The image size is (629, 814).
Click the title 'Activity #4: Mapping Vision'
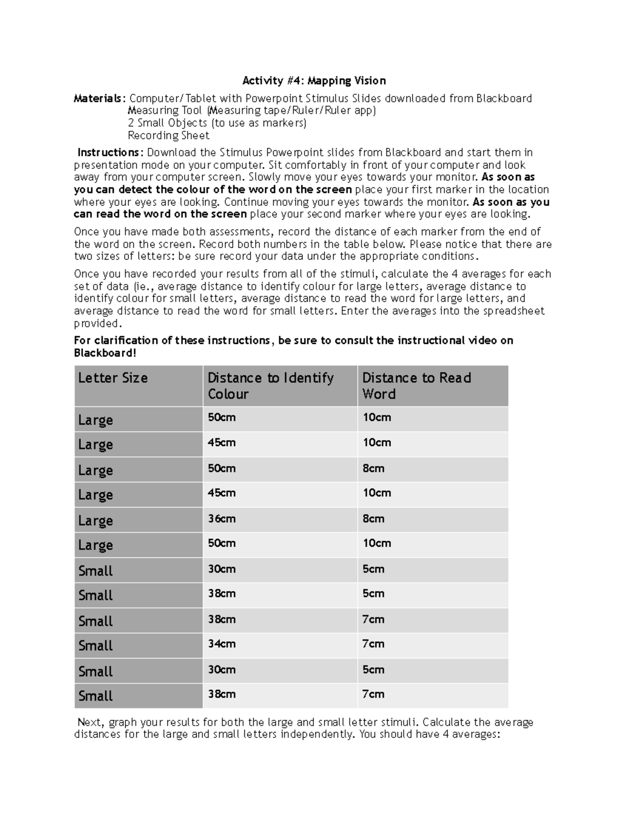[314, 81]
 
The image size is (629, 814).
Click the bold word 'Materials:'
[100, 99]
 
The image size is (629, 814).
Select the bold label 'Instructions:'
[110, 153]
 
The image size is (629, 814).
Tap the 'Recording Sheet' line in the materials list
[168, 136]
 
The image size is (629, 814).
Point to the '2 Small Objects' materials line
[217, 123]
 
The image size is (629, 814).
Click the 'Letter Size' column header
[113, 378]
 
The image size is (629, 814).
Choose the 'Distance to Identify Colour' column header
[270, 386]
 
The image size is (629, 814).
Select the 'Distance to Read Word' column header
[416, 386]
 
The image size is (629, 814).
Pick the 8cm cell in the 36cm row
[373, 519]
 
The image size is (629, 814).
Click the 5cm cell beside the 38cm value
[373, 594]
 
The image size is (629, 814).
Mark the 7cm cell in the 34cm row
[373, 644]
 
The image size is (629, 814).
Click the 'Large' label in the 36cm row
[95, 520]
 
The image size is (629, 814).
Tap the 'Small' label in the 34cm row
[95, 646]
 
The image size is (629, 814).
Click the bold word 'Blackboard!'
[105, 353]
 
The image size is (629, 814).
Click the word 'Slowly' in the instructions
[265, 177]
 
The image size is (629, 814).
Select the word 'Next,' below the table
[91, 722]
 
